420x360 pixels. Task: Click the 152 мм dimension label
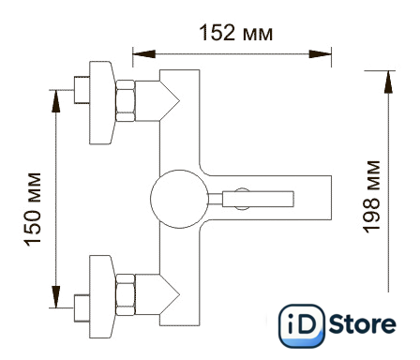point(236,33)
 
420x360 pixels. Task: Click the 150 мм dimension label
point(32,209)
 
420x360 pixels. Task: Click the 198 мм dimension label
point(371,197)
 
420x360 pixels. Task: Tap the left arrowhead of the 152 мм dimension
point(144,53)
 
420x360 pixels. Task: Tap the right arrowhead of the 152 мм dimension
point(320,53)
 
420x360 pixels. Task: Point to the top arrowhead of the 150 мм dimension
point(56,101)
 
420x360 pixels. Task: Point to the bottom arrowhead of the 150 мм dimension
point(56,296)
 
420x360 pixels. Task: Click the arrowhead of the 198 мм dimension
point(388,82)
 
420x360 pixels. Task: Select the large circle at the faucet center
point(179,199)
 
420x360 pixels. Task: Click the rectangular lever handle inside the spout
point(258,199)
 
